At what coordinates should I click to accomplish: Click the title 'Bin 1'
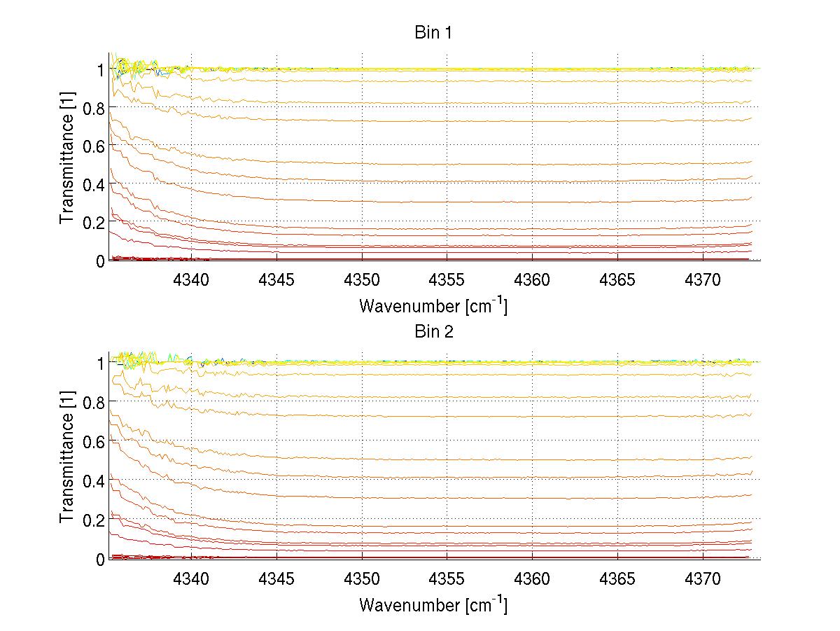[x=433, y=33]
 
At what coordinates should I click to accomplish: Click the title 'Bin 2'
[x=433, y=331]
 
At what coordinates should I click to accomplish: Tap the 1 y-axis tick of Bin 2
[x=100, y=363]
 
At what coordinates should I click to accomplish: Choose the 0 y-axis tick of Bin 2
[x=100, y=559]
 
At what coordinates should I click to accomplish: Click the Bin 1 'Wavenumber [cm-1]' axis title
[x=433, y=305]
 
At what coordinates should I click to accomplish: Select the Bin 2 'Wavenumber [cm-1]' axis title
[x=433, y=604]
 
